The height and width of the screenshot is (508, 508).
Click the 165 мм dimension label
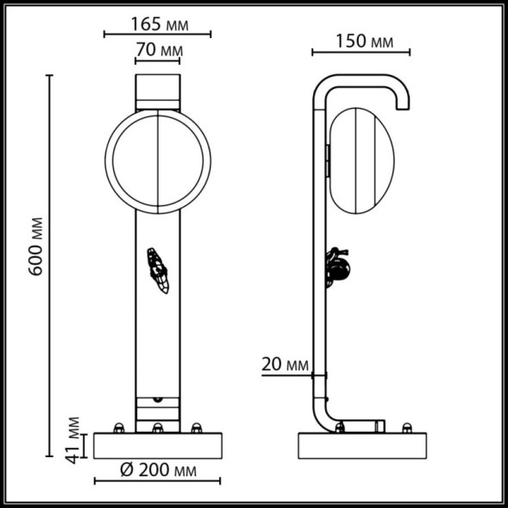(x=159, y=21)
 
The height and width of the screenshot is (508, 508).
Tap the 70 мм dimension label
(x=159, y=51)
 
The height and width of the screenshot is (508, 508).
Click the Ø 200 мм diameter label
(x=157, y=471)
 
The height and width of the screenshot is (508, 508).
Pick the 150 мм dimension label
(x=361, y=41)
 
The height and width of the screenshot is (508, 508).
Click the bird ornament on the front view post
(x=159, y=270)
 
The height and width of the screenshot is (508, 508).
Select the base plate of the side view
(x=362, y=444)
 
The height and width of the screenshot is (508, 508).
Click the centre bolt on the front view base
(x=158, y=428)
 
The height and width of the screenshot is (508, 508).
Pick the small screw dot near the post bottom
(x=158, y=400)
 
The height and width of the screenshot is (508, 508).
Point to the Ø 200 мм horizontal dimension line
(x=157, y=481)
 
